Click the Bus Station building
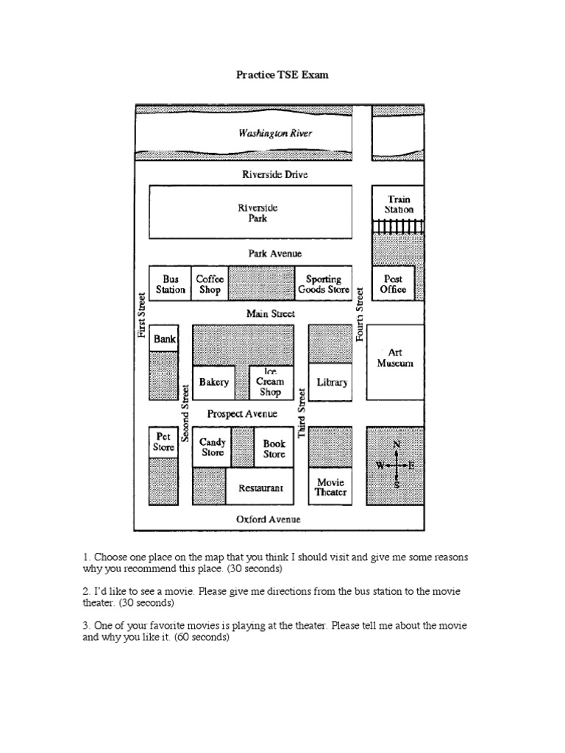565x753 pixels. (x=170, y=285)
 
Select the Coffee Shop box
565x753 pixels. (x=210, y=285)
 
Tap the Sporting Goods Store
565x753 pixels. (x=324, y=285)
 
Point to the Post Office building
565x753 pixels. (x=394, y=285)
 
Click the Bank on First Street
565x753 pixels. (x=165, y=340)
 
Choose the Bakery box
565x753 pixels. (x=214, y=382)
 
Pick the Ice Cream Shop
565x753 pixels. (x=270, y=382)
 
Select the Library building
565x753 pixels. (x=330, y=382)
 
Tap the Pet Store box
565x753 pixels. (x=163, y=442)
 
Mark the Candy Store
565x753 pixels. (x=213, y=448)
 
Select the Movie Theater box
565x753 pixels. (x=330, y=488)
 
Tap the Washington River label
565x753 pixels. (x=275, y=133)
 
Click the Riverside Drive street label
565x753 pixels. (x=275, y=174)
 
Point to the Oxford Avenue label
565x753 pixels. (x=268, y=519)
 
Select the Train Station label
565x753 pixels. (x=399, y=204)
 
